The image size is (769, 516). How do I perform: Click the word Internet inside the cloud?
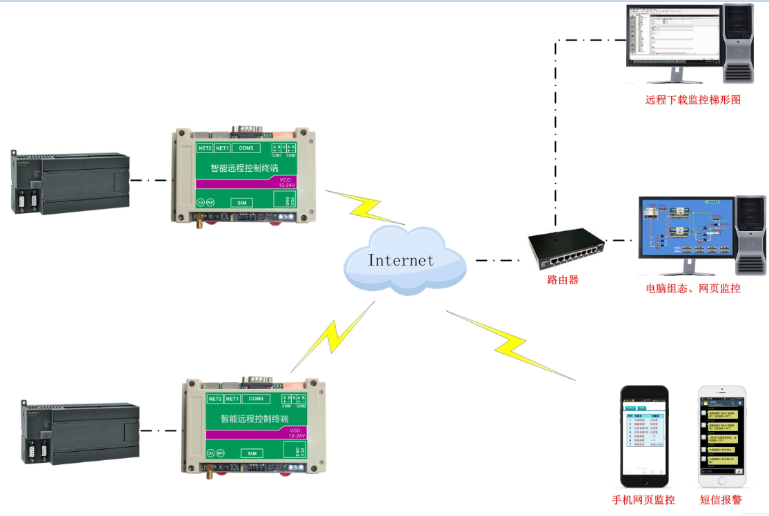401,260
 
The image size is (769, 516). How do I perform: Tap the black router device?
566,250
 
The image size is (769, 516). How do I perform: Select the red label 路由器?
562,280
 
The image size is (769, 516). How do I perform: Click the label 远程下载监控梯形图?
692,100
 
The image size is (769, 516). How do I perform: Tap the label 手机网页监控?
643,500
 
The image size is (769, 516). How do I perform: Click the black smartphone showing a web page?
644,436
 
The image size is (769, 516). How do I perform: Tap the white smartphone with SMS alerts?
721,436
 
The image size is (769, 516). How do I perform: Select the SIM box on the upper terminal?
241,203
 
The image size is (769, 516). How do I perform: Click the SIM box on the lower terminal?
252,453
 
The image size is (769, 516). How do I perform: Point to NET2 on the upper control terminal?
204,148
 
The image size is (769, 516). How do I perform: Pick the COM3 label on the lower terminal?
256,399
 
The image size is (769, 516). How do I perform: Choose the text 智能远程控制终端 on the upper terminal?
244,168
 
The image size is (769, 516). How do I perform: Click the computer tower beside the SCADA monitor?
750,235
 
